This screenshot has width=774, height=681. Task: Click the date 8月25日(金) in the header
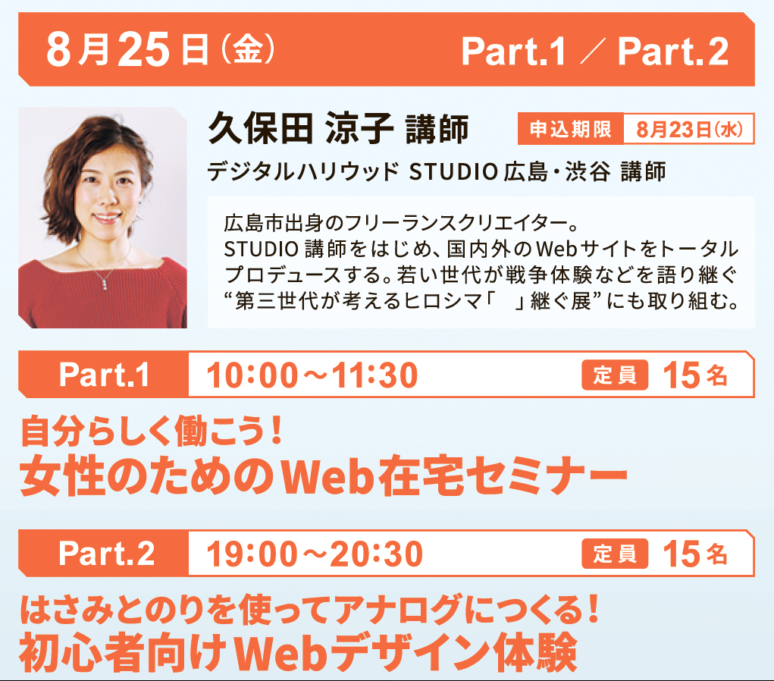161,49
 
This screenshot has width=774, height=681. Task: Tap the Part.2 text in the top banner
673,52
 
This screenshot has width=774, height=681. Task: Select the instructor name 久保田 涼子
300,128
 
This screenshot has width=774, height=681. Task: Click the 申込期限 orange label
571,129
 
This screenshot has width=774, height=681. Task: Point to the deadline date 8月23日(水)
689,130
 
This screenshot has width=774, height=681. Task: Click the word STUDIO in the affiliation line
453,172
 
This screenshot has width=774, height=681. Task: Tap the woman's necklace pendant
105,282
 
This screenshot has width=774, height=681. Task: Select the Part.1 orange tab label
104,375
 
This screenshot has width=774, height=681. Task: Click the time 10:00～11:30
312,375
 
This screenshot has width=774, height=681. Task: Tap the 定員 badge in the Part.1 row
615,375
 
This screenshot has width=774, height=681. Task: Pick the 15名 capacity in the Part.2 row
695,554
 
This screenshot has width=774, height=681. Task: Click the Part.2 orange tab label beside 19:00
107,553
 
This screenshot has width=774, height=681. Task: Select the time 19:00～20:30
315,554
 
